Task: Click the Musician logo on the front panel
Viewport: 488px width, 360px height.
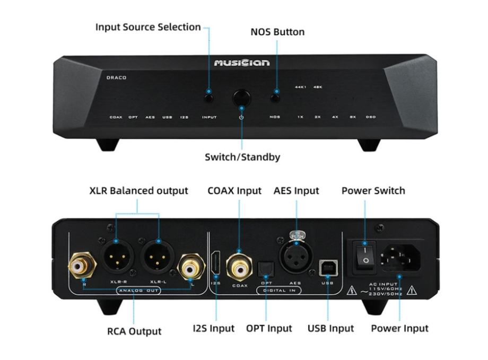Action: pos(241,63)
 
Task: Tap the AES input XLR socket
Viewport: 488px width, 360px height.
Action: pos(294,259)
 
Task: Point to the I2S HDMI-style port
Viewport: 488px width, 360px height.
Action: pos(216,264)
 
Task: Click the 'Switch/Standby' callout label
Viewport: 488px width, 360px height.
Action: pos(242,157)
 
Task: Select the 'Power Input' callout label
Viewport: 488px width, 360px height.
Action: pos(399,329)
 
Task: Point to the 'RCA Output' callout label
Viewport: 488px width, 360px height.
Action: pos(134,331)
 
